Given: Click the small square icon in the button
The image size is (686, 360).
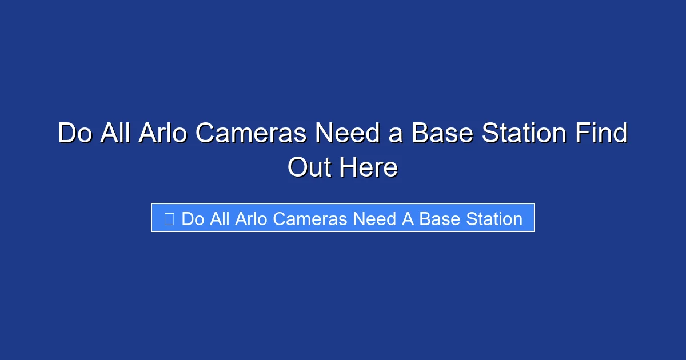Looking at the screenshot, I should pos(169,219).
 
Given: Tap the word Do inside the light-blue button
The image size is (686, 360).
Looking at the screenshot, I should pos(193,219).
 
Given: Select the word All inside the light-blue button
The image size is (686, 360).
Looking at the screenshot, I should pos(220,219).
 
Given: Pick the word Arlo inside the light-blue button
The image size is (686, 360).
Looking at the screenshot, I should pos(252,219).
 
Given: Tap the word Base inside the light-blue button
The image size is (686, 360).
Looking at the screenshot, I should pos(437,219).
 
